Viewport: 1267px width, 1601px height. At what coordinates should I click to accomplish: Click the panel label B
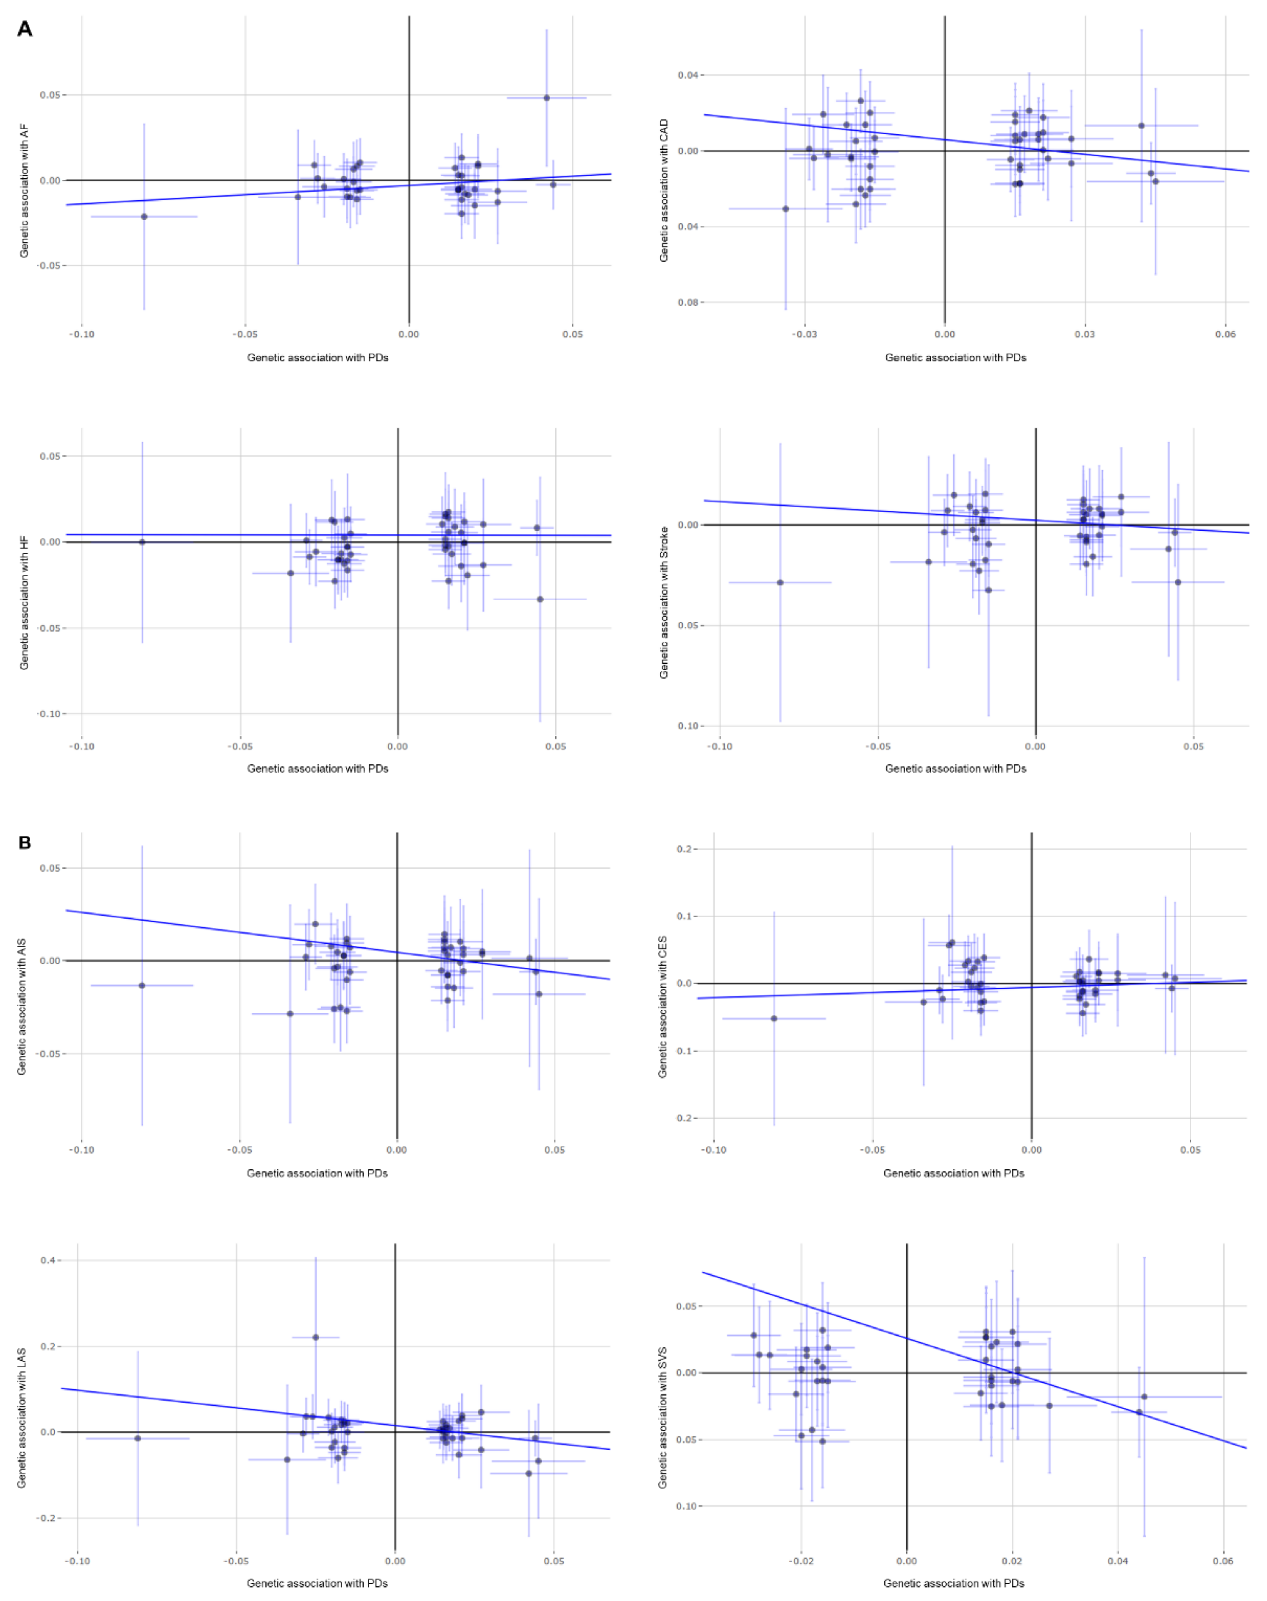25,843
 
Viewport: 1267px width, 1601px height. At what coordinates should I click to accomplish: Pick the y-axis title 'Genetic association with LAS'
22,1417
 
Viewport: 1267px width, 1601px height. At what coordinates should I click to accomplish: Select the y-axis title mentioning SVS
663,1417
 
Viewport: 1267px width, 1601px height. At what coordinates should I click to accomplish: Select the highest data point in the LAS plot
315,1337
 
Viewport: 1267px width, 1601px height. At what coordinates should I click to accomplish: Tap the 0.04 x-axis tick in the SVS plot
1118,1560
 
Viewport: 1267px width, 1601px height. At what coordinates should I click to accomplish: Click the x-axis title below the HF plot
317,768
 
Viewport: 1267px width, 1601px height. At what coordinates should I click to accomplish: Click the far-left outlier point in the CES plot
774,1018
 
